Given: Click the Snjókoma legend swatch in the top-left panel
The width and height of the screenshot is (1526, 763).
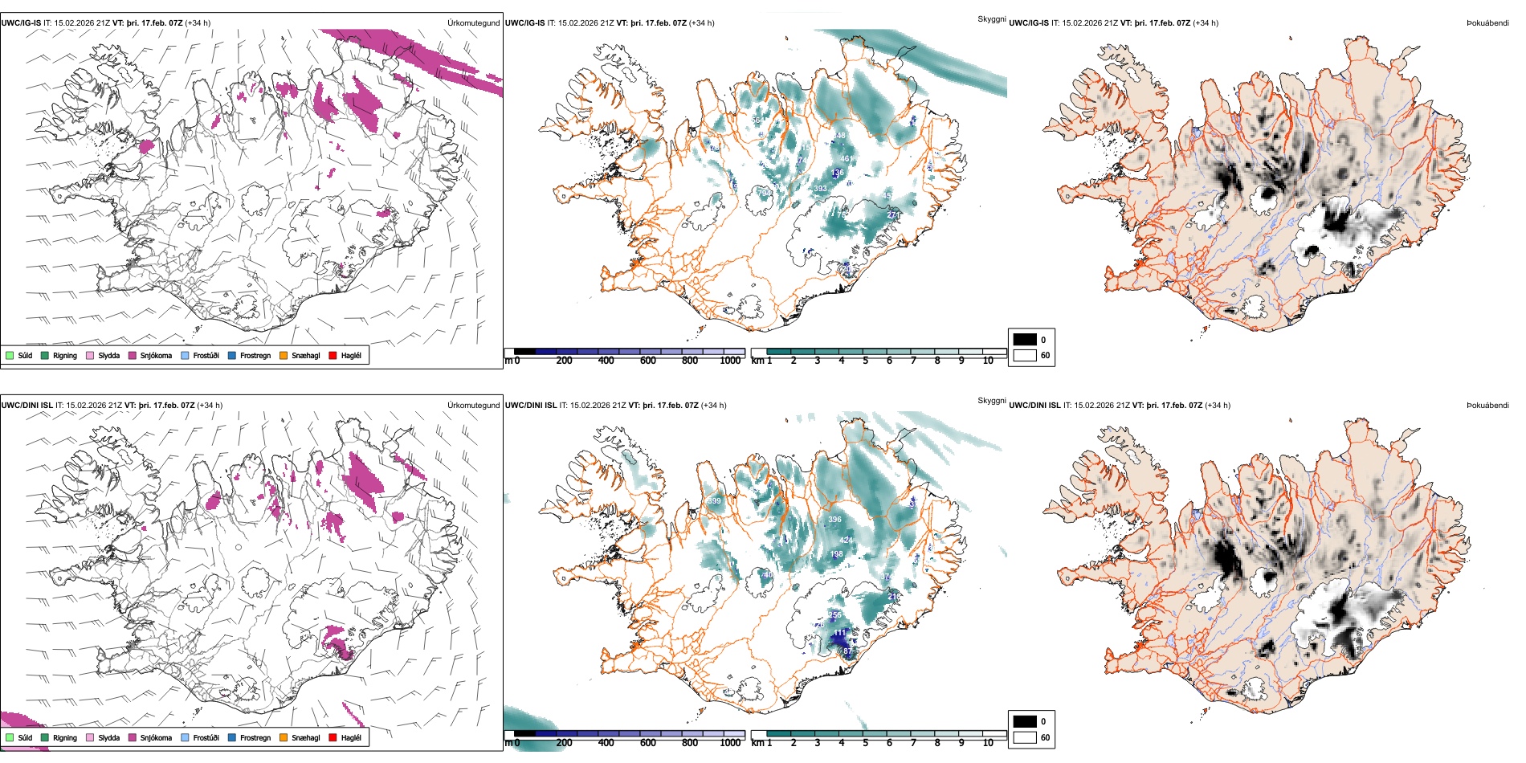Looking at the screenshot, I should (133, 355).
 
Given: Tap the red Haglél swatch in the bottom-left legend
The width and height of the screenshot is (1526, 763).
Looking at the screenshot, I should (333, 737).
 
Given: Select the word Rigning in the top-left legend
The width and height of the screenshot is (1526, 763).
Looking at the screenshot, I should (65, 355).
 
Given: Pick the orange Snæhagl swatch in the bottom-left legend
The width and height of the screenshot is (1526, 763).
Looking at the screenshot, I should (284, 737).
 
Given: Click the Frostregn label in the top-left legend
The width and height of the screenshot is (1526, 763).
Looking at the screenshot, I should (255, 355).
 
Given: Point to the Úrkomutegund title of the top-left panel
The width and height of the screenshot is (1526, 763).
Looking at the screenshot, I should (473, 22).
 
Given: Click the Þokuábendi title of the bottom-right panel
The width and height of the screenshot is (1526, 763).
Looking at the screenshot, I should (1487, 405).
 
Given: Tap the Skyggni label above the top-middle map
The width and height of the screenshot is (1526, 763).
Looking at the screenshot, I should (991, 19).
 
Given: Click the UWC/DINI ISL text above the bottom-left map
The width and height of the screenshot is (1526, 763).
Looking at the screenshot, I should (27, 405).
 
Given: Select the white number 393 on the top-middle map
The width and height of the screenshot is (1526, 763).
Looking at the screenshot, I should (820, 189).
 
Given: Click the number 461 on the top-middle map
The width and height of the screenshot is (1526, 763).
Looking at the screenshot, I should (847, 159).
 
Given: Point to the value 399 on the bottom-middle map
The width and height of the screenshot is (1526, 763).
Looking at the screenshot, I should (714, 500).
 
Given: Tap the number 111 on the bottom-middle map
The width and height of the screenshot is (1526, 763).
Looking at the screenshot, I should (840, 633).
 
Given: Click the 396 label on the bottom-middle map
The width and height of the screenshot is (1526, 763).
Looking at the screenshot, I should (834, 520).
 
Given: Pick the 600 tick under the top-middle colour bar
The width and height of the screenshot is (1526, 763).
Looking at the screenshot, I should (647, 361).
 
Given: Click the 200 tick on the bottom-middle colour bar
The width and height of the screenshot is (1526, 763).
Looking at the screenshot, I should (564, 743).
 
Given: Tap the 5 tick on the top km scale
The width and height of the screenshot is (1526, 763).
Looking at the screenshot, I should (865, 361).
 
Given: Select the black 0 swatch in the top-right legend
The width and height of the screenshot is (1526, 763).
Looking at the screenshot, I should (1025, 340).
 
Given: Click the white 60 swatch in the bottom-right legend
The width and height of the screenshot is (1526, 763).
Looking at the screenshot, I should (1025, 737).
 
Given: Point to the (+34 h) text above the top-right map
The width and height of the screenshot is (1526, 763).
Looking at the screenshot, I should (1206, 22).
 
